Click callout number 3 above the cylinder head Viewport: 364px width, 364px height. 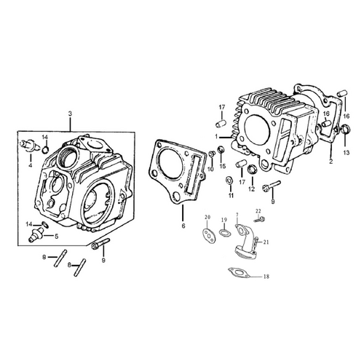click(70, 114)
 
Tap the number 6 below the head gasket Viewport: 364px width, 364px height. click(183, 226)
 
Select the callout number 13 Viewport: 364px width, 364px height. click(347, 152)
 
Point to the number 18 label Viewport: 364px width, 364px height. click(266, 277)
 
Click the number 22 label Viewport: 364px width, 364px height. click(258, 211)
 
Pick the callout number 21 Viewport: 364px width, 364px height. click(266, 242)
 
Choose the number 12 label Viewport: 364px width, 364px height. click(251, 189)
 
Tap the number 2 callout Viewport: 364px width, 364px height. click(331, 162)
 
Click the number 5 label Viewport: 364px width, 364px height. click(56, 236)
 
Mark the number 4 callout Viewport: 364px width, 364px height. click(31, 166)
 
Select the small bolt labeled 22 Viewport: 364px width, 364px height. click(259, 220)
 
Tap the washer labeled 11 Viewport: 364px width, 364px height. click(229, 181)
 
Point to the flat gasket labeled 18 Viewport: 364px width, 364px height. click(239, 272)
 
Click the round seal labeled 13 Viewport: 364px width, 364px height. click(345, 129)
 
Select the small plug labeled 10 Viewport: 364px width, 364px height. click(212, 154)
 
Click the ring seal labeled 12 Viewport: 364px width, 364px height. click(251, 169)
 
